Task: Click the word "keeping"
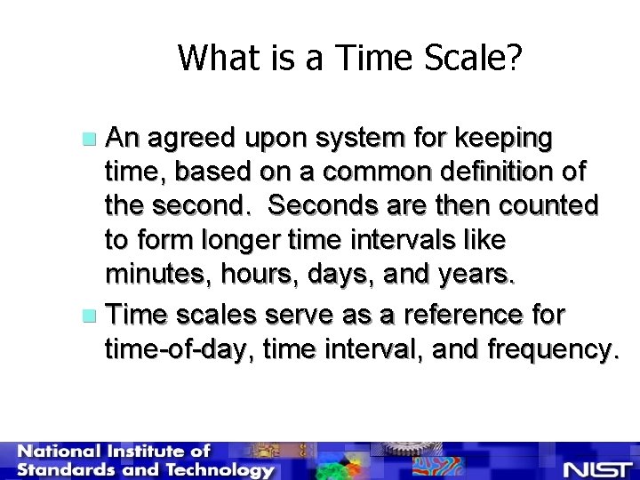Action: (508, 139)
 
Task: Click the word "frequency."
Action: (550, 349)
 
